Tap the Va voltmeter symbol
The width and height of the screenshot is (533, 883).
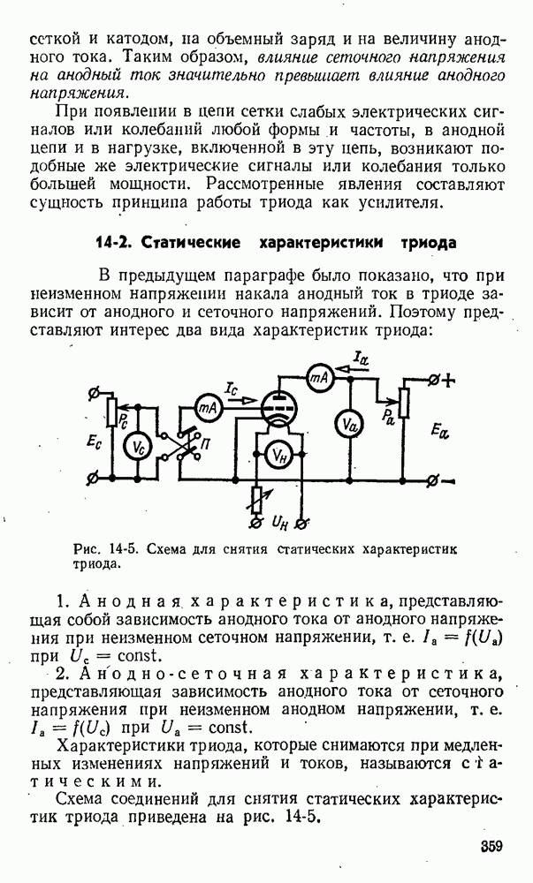[349, 427]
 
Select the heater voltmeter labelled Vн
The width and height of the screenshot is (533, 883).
[278, 455]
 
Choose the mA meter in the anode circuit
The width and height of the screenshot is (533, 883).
[319, 379]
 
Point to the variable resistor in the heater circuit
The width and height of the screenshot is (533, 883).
[258, 499]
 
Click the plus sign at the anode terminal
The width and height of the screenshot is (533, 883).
[448, 381]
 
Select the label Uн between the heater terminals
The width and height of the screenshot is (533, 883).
[280, 522]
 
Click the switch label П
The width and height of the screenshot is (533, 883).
[205, 444]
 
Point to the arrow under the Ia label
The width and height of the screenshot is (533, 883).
[348, 368]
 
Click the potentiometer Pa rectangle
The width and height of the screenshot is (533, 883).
[403, 404]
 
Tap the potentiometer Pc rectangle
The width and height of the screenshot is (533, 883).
[111, 411]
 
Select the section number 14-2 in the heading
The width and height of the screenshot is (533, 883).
[113, 243]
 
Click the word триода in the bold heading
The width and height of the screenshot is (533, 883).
[428, 243]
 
